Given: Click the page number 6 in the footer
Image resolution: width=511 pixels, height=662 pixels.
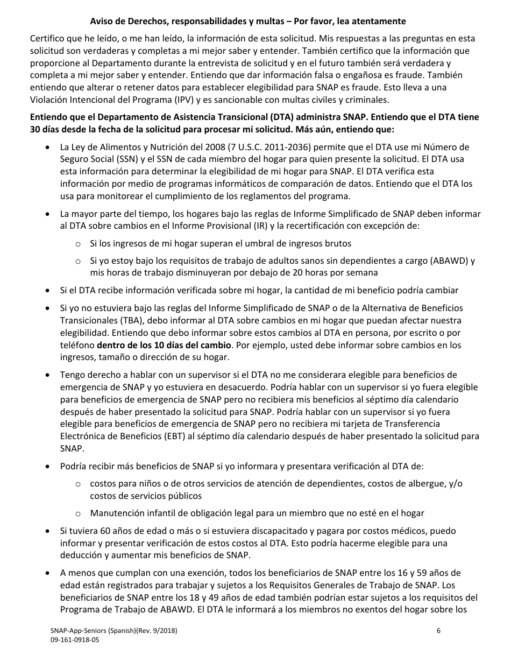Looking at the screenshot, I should click(438, 630).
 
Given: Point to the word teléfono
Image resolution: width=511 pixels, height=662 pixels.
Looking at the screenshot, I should click(77, 345).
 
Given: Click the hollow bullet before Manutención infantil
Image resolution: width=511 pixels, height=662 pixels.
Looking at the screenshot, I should click(78, 513).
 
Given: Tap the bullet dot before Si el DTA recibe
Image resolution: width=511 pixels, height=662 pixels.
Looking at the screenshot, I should click(49, 291).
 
